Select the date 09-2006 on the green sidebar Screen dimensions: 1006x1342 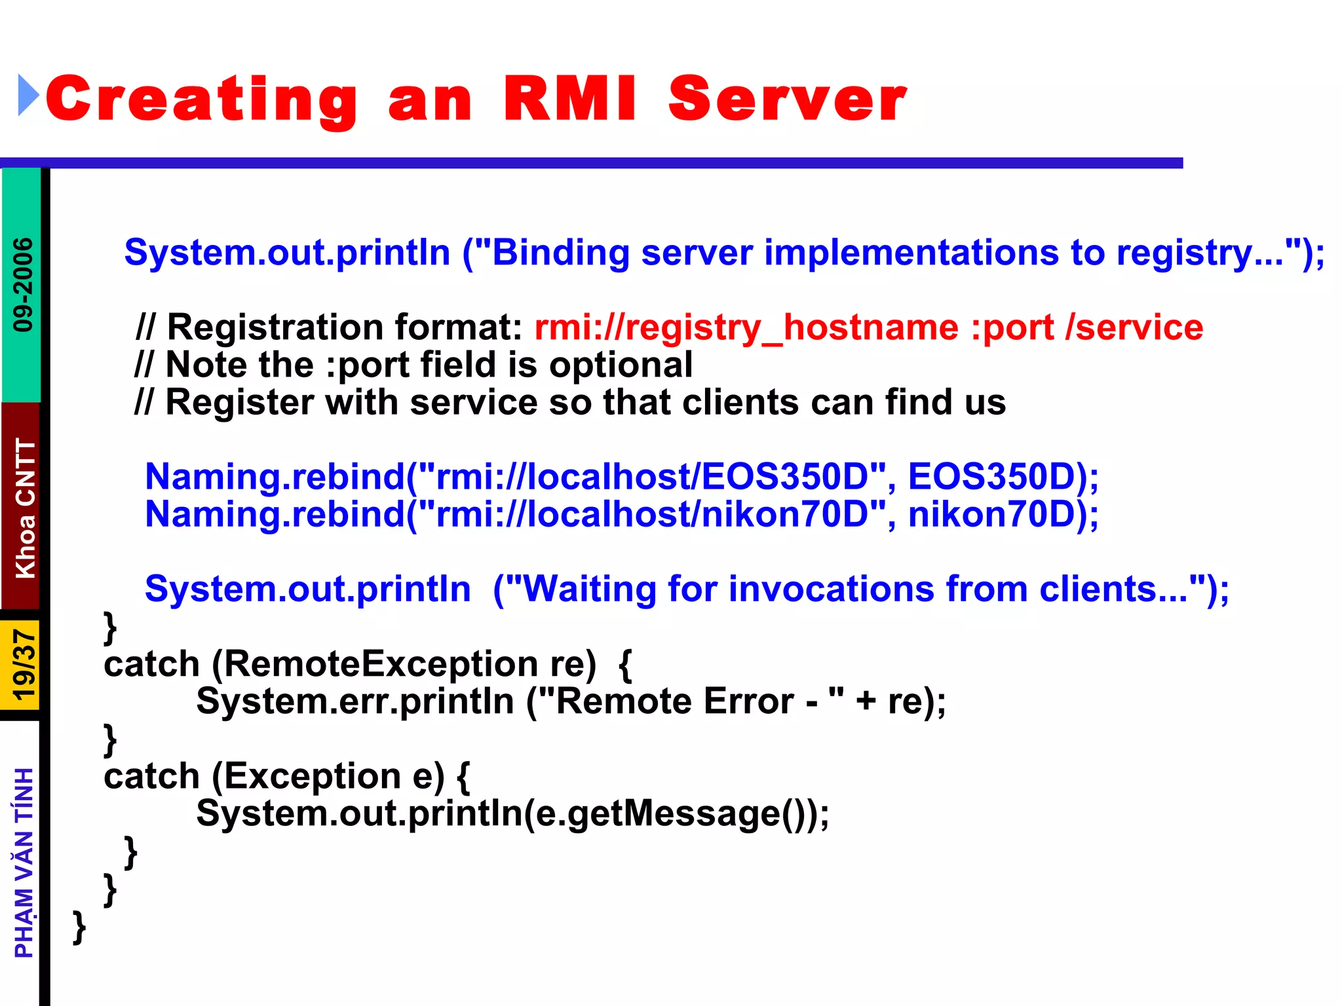pos(23,284)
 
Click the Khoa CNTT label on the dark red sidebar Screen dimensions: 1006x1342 pos(25,508)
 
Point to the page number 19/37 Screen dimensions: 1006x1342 pos(24,665)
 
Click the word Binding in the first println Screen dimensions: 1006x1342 pos(560,253)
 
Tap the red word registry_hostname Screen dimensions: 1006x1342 pos(746,327)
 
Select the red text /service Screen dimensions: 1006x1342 pos(1134,327)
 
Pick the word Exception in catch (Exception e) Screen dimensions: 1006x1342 pos(312,777)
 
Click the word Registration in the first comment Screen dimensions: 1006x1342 pos(275,327)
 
